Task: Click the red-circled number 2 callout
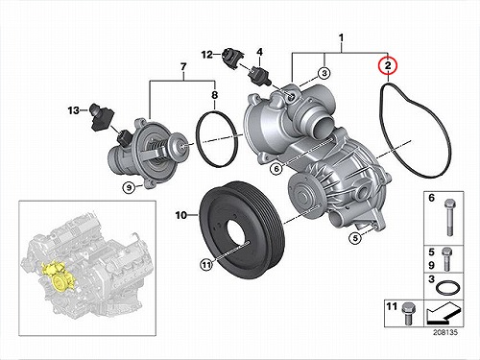tap(388, 65)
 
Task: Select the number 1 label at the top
tap(341, 38)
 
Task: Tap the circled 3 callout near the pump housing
tap(324, 73)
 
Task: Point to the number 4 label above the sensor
tap(259, 52)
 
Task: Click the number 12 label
tap(207, 55)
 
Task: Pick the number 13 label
tap(74, 110)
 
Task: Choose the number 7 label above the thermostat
tap(183, 67)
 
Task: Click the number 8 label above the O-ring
tap(214, 95)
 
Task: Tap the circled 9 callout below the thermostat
tap(129, 187)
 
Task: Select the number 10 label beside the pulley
tap(181, 215)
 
